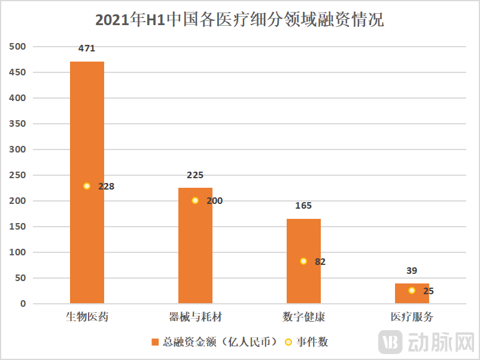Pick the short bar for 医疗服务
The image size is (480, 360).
tap(412, 294)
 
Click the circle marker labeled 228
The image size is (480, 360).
tap(87, 186)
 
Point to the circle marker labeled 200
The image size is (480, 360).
tap(195, 200)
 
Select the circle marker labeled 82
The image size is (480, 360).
tap(303, 261)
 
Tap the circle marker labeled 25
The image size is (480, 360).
tap(412, 291)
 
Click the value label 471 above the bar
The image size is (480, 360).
tap(87, 48)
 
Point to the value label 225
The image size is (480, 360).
tap(195, 175)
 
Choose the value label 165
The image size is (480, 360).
tap(303, 206)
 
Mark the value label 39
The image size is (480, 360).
tap(412, 271)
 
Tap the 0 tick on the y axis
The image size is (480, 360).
tap(23, 304)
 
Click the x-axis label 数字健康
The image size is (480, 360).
tap(303, 317)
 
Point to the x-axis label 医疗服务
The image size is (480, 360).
tap(412, 317)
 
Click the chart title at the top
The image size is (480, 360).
tap(239, 20)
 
